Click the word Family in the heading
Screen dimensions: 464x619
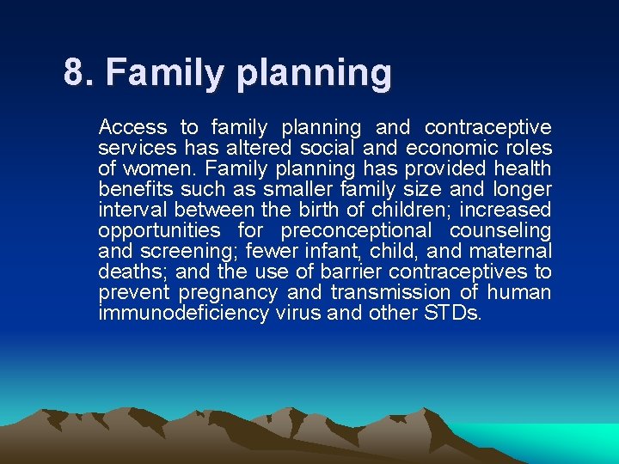[x=152, y=73]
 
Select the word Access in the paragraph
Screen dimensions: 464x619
[x=132, y=127]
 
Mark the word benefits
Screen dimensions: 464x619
[x=132, y=189]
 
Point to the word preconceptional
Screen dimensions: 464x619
[x=356, y=230]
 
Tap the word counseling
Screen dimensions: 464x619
[x=500, y=230]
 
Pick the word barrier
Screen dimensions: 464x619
[x=352, y=272]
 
